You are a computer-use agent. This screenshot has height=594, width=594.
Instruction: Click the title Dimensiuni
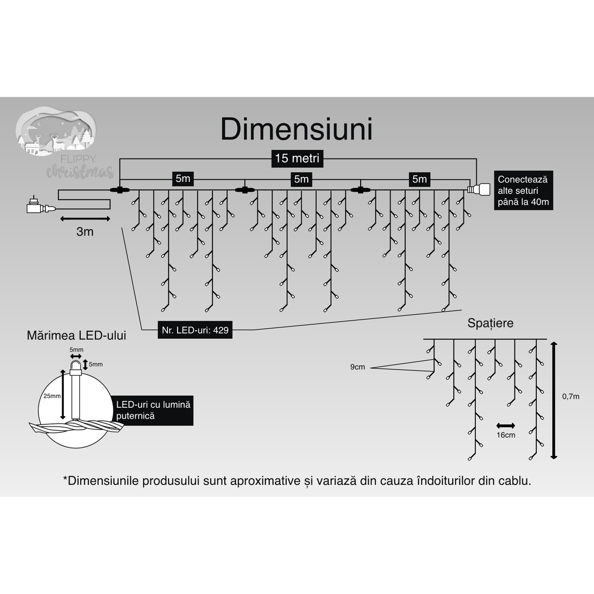pyautogui.click(x=296, y=129)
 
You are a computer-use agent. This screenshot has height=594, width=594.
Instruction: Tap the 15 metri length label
pyautogui.click(x=297, y=158)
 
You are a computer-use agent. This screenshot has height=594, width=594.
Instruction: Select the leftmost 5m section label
pyautogui.click(x=183, y=179)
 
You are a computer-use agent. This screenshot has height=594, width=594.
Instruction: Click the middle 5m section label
pyautogui.click(x=301, y=179)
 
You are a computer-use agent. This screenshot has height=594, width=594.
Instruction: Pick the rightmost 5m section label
pyautogui.click(x=420, y=179)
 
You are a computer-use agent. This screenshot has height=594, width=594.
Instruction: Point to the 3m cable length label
pyautogui.click(x=85, y=232)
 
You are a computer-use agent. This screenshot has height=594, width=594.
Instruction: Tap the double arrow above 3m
pyautogui.click(x=85, y=218)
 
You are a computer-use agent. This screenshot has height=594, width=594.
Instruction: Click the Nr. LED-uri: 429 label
pyautogui.click(x=195, y=330)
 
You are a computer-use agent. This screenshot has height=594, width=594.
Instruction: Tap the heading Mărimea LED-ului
pyautogui.click(x=77, y=336)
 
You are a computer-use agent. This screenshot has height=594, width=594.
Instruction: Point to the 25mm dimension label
pyautogui.click(x=52, y=396)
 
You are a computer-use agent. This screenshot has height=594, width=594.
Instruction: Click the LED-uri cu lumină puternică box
pyautogui.click(x=153, y=410)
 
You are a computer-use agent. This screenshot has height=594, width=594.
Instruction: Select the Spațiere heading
pyautogui.click(x=490, y=323)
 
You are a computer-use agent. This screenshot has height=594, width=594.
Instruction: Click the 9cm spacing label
pyautogui.click(x=357, y=367)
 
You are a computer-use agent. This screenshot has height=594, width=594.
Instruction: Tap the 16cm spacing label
pyautogui.click(x=506, y=435)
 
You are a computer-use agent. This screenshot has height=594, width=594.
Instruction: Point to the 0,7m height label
pyautogui.click(x=571, y=397)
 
